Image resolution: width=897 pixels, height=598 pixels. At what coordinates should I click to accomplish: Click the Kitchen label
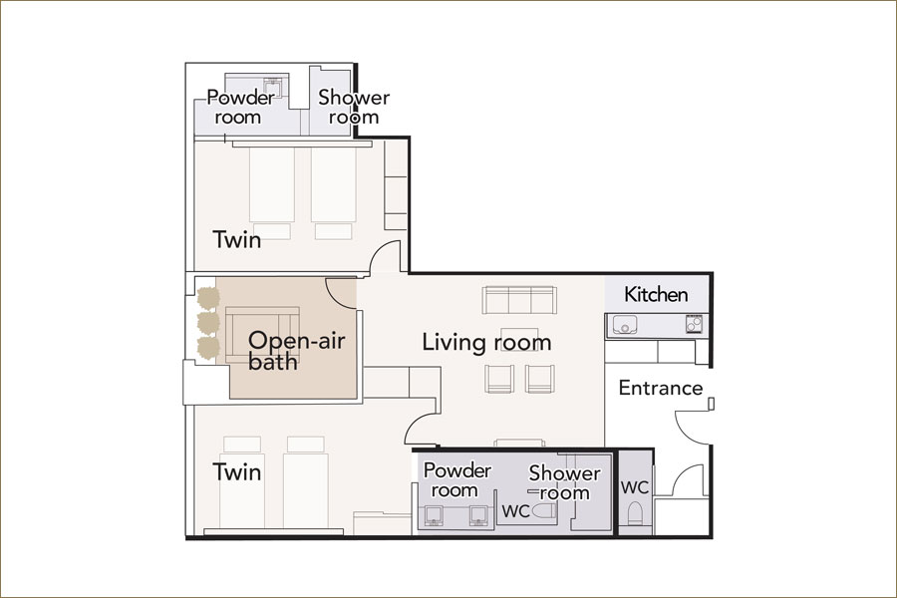click(x=656, y=294)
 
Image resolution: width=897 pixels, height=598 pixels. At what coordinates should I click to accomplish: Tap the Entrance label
click(x=661, y=388)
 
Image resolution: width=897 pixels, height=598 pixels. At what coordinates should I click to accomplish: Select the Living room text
click(x=486, y=342)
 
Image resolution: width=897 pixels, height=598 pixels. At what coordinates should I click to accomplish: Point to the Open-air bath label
click(x=297, y=351)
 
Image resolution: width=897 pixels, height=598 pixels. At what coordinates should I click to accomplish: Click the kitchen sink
click(x=625, y=325)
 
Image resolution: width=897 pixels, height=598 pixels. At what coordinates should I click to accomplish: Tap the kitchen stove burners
click(x=694, y=325)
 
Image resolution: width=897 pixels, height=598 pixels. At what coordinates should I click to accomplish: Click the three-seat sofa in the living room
click(x=519, y=300)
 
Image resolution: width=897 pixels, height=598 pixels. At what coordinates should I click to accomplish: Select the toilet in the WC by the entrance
click(x=636, y=513)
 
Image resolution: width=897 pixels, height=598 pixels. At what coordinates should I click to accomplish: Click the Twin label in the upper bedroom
click(x=237, y=239)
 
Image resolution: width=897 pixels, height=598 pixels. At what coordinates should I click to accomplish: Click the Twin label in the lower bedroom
click(x=237, y=472)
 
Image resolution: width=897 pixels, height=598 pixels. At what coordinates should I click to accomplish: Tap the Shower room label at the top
click(x=354, y=107)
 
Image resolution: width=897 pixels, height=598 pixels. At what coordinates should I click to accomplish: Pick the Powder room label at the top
click(x=240, y=107)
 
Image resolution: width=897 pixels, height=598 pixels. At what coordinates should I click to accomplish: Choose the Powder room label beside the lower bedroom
click(x=456, y=480)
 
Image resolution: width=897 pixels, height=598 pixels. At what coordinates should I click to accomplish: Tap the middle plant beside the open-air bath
click(x=208, y=323)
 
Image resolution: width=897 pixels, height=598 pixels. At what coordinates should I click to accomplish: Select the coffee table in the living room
click(x=519, y=338)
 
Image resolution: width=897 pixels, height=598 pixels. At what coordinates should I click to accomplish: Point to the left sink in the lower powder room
click(x=435, y=515)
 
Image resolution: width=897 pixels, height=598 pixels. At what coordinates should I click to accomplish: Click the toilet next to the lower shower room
click(x=544, y=511)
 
